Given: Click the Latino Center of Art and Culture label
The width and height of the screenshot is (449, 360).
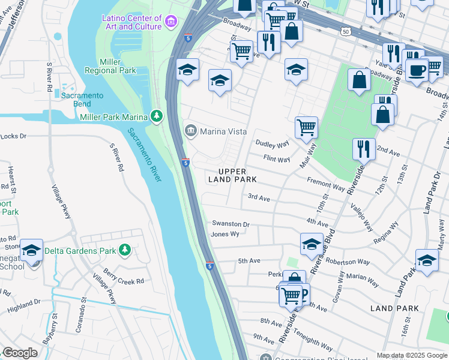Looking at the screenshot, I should pyautogui.click(x=132, y=22).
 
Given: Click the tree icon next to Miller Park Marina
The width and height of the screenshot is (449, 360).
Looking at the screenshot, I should pyautogui.click(x=156, y=115).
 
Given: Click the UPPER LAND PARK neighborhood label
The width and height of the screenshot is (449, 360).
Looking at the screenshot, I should pyautogui.click(x=232, y=175).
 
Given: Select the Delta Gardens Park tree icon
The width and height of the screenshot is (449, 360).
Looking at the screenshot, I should pyautogui.click(x=124, y=249).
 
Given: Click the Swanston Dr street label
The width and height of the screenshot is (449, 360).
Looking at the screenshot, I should pyautogui.click(x=230, y=224).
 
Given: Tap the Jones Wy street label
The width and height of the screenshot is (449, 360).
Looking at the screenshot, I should pyautogui.click(x=225, y=234).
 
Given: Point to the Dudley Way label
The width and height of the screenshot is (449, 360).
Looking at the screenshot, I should pyautogui.click(x=273, y=143).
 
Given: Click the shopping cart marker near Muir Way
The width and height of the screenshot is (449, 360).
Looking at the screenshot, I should pyautogui.click(x=306, y=127).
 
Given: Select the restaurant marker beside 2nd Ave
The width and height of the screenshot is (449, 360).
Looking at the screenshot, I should pyautogui.click(x=364, y=148).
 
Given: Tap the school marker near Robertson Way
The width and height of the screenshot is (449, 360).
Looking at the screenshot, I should pyautogui.click(x=312, y=244).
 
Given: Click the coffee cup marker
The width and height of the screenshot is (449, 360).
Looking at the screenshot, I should pyautogui.click(x=417, y=70).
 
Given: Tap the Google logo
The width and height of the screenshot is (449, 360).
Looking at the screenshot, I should pyautogui.click(x=20, y=353).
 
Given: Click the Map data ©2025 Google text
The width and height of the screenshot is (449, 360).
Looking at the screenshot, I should pyautogui.click(x=412, y=355).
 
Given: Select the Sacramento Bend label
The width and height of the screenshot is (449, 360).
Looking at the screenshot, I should pyautogui.click(x=83, y=100).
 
